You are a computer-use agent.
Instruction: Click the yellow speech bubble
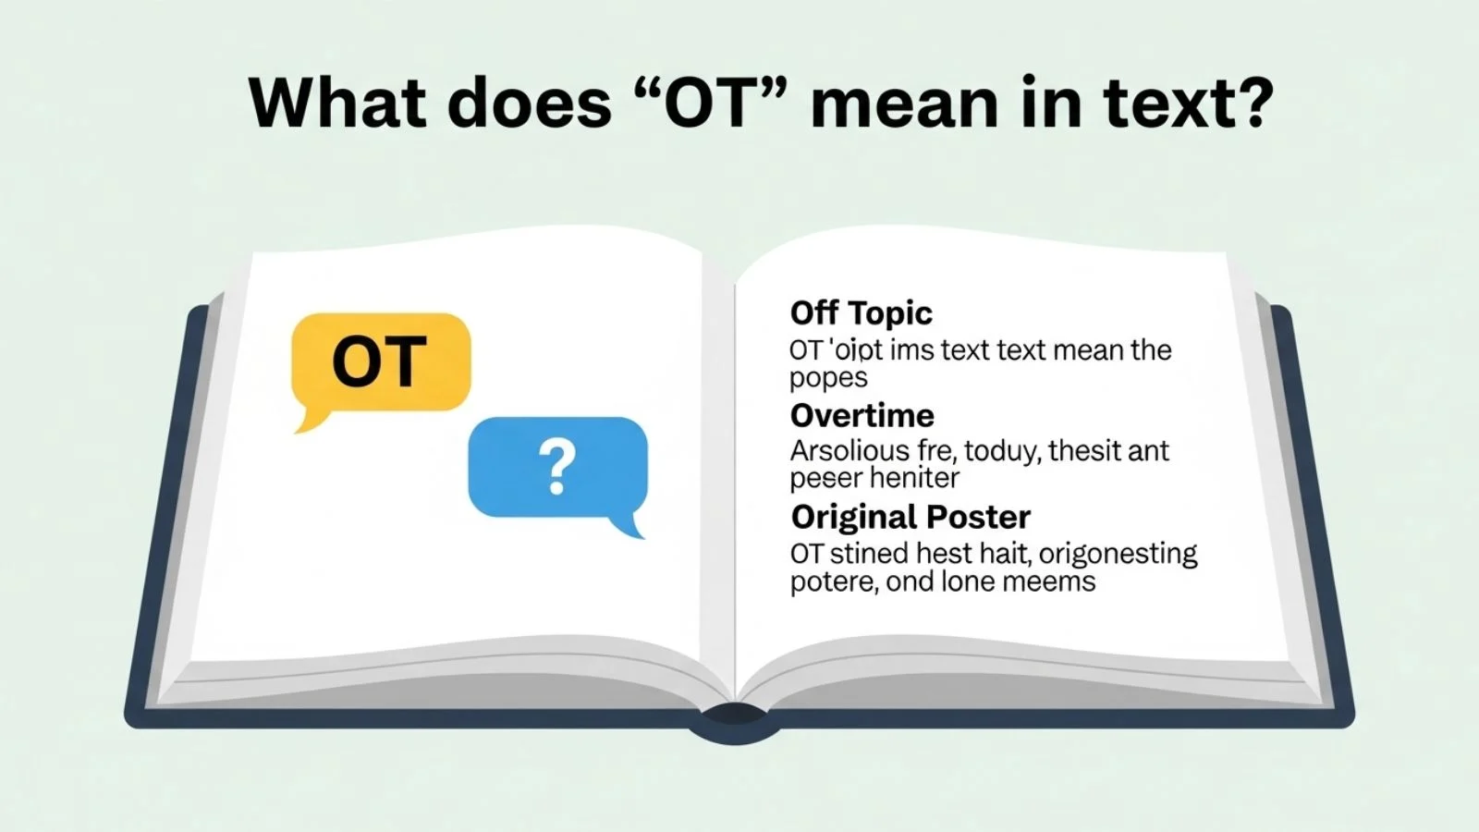[x=381, y=361]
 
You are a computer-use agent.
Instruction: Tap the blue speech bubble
[x=557, y=467]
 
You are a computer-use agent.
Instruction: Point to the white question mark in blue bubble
[x=557, y=467]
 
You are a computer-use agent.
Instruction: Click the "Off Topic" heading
[x=861, y=313]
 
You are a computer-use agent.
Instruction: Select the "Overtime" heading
[x=862, y=415]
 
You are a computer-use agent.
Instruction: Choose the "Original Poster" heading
[x=911, y=517]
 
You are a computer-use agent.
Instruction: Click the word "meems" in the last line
[x=1048, y=581]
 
